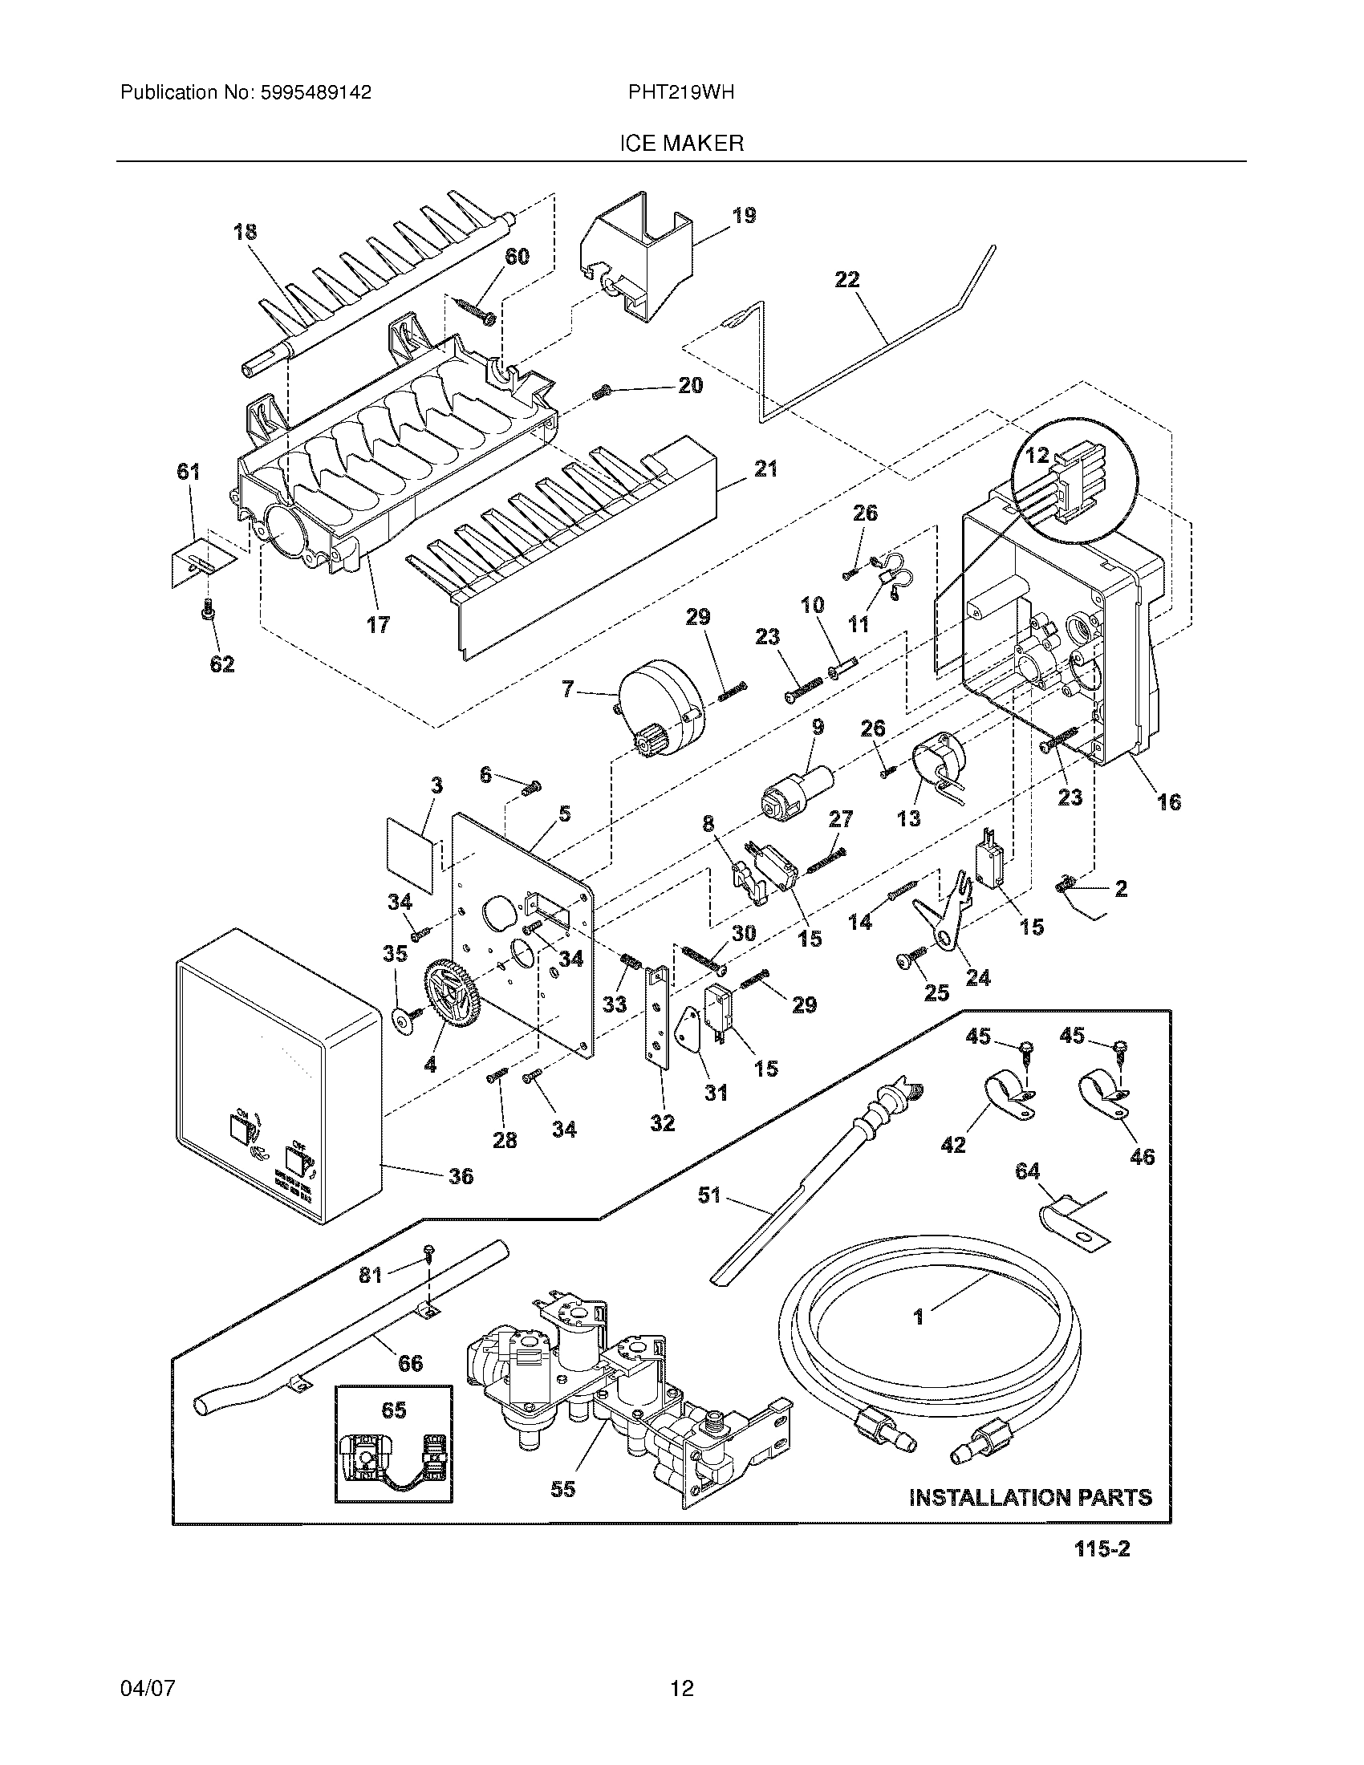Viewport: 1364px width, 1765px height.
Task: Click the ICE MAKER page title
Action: [x=681, y=144]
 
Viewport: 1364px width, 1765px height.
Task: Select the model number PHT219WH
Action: [x=681, y=93]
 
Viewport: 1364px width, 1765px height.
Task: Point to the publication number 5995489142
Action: [x=316, y=93]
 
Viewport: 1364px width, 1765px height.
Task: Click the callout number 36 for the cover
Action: [x=461, y=1176]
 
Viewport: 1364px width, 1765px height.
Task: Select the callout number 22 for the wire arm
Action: [x=847, y=280]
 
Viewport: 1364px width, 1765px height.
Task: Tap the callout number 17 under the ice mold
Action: [x=377, y=624]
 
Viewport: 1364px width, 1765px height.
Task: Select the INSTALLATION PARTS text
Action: [x=1030, y=1498]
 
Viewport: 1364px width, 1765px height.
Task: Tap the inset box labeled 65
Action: [x=393, y=1445]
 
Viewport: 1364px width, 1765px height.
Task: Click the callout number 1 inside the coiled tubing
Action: [x=918, y=1317]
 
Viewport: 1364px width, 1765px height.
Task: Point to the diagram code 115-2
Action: [x=1102, y=1572]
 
